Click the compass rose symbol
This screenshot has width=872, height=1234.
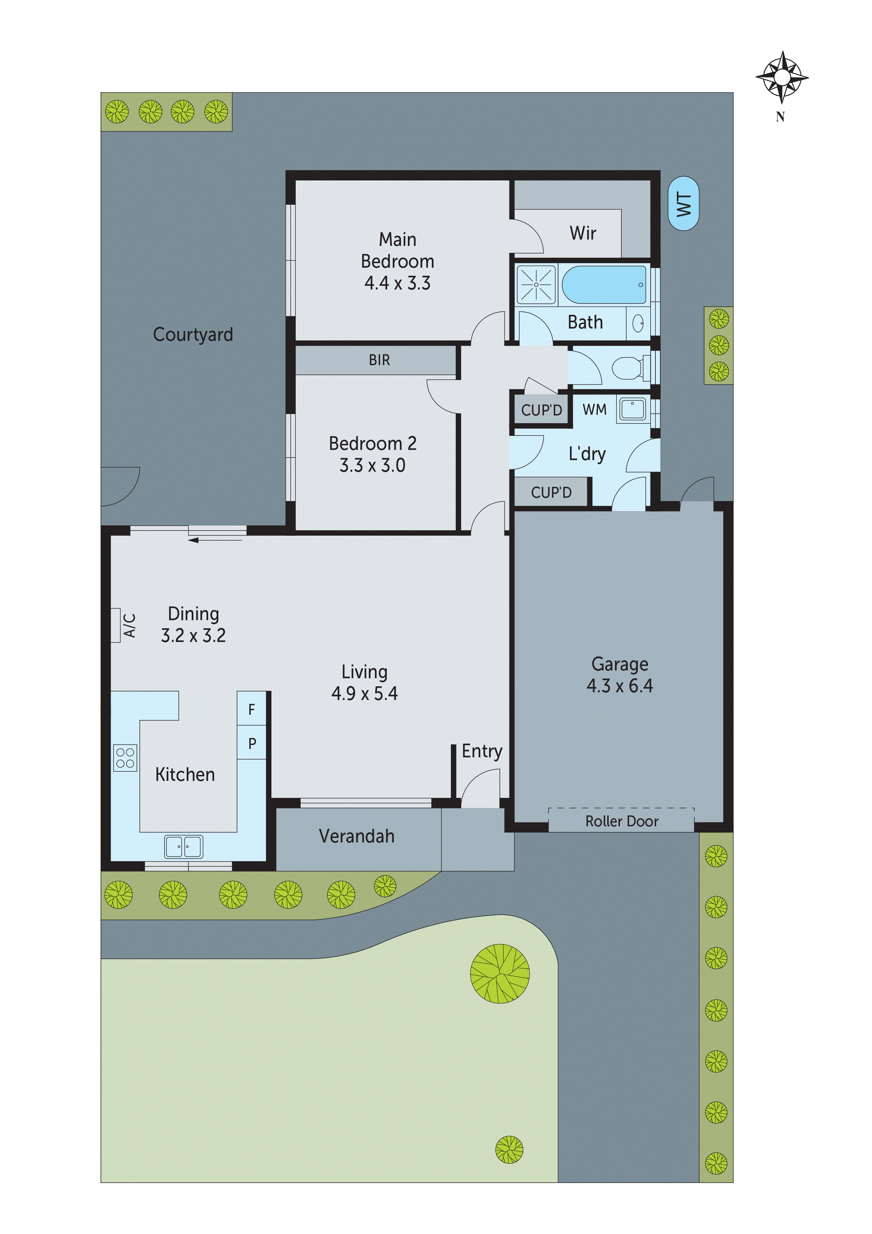[x=782, y=77]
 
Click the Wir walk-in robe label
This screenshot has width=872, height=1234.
[x=582, y=233]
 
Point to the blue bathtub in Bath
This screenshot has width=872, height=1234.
[x=604, y=284]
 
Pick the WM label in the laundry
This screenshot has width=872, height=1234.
[x=594, y=409]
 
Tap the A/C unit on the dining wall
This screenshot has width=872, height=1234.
[x=116, y=625]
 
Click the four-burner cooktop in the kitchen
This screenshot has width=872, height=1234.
[x=125, y=758]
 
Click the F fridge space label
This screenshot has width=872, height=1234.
[x=251, y=710]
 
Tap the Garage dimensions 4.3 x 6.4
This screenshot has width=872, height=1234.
[x=620, y=686]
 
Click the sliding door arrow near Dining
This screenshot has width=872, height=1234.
[x=215, y=540]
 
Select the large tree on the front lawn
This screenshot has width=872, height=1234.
[x=500, y=973]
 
